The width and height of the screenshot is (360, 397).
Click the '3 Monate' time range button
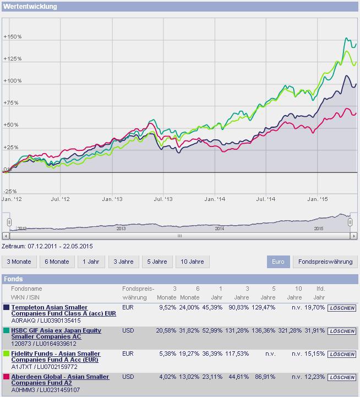(19, 262)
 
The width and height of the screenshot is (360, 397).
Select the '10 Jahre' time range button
(193, 262)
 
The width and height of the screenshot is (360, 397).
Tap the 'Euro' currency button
(278, 262)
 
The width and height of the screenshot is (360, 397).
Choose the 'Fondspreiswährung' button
(325, 262)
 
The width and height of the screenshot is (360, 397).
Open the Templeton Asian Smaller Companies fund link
(63, 310)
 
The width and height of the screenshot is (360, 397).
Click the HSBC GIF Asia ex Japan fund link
(56, 334)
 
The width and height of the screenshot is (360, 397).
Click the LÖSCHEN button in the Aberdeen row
(342, 377)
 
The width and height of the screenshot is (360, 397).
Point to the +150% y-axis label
(13, 37)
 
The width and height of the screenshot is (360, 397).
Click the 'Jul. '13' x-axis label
(163, 199)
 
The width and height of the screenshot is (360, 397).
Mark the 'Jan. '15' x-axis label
(318, 199)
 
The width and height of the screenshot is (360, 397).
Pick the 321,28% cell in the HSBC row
(290, 330)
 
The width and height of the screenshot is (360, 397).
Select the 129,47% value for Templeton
(263, 307)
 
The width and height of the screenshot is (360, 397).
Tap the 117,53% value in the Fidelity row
(237, 354)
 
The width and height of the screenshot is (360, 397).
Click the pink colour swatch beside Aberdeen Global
(6, 377)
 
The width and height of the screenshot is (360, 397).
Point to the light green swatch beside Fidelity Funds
(6, 354)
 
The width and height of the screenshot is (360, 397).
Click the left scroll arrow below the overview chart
(6, 236)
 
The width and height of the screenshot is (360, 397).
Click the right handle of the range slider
(350, 222)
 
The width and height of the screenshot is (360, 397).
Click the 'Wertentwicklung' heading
(30, 6)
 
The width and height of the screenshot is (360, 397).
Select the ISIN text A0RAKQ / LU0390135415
(46, 320)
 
